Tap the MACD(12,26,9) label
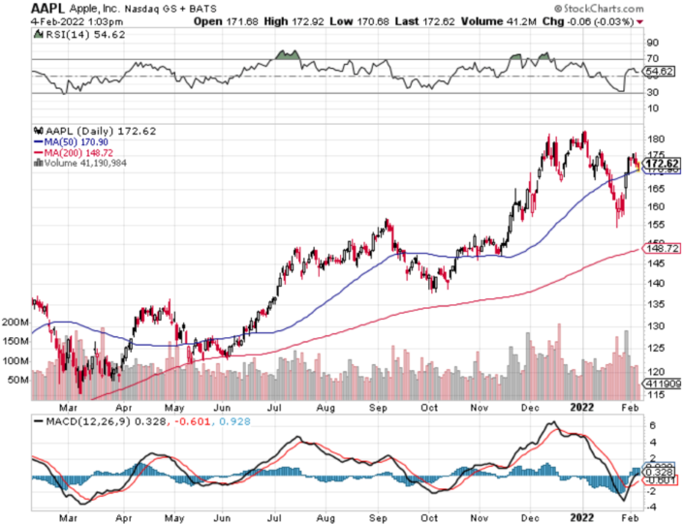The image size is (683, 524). [x=97, y=422]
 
